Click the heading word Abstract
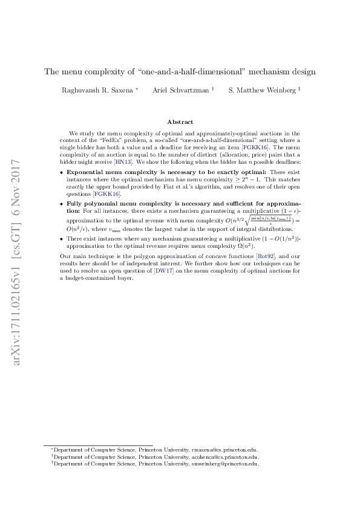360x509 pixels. point(180,122)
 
